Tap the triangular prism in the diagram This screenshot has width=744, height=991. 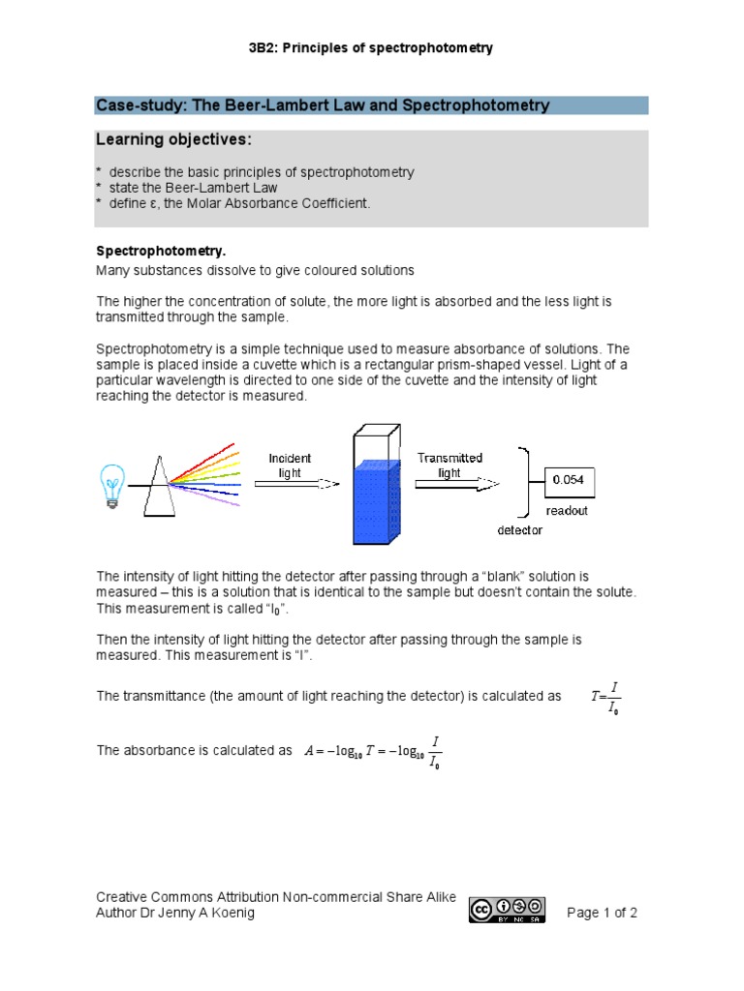click(165, 488)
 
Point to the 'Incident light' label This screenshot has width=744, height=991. click(290, 465)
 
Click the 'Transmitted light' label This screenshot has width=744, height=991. click(449, 465)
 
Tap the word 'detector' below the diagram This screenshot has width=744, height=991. click(520, 530)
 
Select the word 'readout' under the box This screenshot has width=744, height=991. click(566, 511)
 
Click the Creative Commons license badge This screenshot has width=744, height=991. click(508, 910)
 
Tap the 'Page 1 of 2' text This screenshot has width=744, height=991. click(602, 913)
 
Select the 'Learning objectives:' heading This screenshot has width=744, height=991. click(172, 141)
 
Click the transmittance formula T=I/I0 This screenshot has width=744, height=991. click(606, 697)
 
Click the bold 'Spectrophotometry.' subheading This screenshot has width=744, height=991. click(160, 251)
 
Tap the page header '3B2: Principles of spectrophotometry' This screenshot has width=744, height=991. click(371, 48)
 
